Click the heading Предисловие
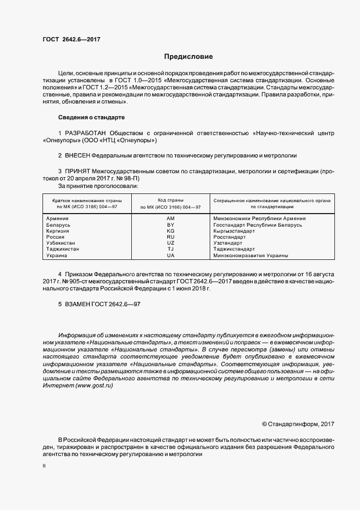point(188,57)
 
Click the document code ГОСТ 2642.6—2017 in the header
point(71,39)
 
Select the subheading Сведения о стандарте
point(91,117)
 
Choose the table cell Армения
point(57,218)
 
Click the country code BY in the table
point(170,224)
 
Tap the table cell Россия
point(56,237)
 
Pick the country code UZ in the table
point(170,243)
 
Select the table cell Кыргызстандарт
point(234,231)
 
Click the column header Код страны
point(170,200)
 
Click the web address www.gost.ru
point(95,385)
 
